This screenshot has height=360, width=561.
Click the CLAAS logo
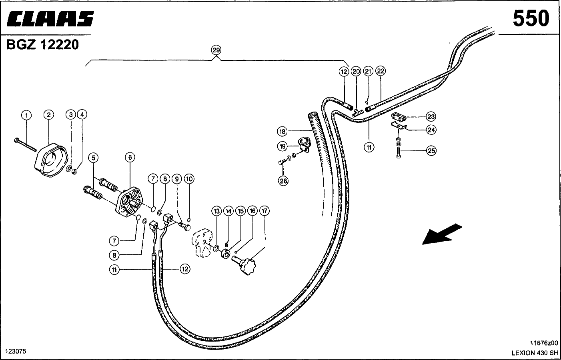pos(50,19)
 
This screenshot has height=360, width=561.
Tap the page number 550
pos(531,19)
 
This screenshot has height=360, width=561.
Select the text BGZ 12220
pos(42,44)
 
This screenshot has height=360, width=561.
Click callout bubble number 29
pos(216,50)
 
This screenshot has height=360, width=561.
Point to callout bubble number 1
pos(26,116)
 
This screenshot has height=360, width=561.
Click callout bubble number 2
pos(48,115)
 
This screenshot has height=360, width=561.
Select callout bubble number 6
pos(130,158)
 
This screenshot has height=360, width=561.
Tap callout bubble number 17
pos(264,210)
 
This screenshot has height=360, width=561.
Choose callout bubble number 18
pos(282,131)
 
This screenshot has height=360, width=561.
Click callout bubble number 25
pos(431,151)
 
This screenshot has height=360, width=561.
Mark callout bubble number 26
pos(283,181)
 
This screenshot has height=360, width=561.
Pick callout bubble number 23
pos(431,117)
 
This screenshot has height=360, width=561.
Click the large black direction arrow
pos(442,234)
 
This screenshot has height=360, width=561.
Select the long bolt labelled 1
pos(25,144)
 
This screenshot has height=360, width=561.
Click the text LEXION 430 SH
pos(535,352)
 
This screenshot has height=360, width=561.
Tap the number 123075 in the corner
pos(16,351)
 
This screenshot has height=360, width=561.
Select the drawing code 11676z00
pos(544,343)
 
